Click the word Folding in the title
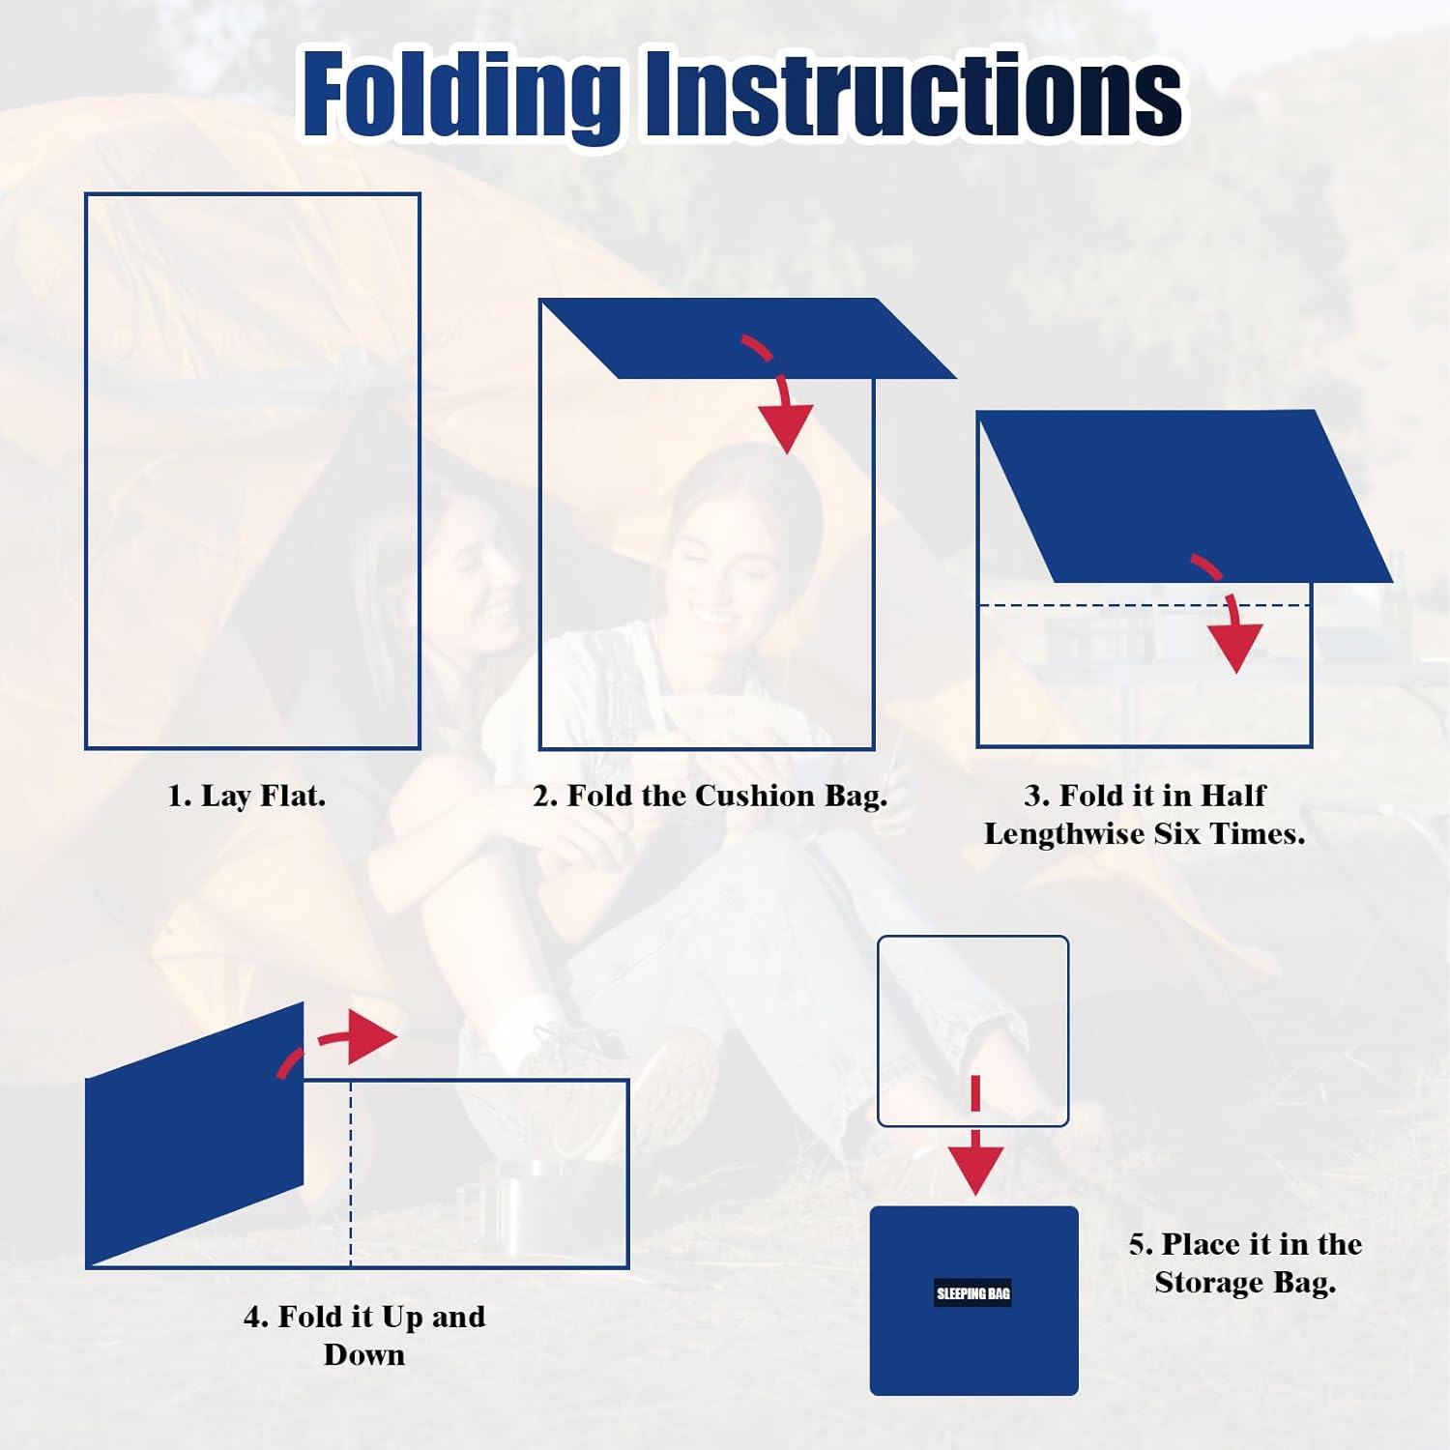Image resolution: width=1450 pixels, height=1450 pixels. click(461, 94)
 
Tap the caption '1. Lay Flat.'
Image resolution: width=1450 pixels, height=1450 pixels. click(246, 797)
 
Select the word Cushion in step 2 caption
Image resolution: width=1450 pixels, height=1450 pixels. click(755, 796)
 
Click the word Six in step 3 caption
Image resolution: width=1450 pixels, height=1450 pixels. click(1174, 833)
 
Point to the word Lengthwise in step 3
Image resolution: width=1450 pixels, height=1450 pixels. click(1062, 834)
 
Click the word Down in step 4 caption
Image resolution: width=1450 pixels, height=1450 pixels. click(364, 1355)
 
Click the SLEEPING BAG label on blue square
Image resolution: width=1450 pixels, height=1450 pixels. click(972, 1293)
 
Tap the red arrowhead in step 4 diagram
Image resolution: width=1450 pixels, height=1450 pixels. click(371, 1037)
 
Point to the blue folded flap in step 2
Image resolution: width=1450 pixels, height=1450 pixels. click(748, 338)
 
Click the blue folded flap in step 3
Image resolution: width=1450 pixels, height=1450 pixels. click(1185, 496)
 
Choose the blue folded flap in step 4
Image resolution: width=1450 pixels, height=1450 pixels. click(194, 1134)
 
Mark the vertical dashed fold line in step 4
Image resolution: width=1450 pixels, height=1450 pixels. click(351, 1173)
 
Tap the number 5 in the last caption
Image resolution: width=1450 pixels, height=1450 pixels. click(1137, 1244)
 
